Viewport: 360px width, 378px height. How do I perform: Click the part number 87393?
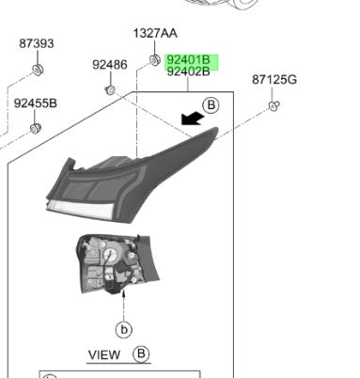(38, 44)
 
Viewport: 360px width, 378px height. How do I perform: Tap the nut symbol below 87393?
(38, 69)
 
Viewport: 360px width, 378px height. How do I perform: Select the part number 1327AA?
(154, 33)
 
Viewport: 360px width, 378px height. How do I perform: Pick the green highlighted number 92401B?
(189, 58)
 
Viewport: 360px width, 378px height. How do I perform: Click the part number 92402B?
(189, 71)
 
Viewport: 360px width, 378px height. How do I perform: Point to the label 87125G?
(274, 80)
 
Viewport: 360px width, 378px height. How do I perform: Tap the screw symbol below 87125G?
(273, 106)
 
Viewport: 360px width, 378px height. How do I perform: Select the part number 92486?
(109, 65)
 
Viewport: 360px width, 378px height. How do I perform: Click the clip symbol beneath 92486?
(109, 89)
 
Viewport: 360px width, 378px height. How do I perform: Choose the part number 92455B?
(36, 102)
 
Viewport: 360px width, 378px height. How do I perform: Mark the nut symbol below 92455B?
(36, 127)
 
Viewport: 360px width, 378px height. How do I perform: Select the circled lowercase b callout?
(123, 329)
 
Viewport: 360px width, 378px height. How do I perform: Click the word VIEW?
(104, 354)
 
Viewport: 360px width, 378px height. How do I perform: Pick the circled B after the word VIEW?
(142, 354)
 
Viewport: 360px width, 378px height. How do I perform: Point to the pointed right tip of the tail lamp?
(215, 131)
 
